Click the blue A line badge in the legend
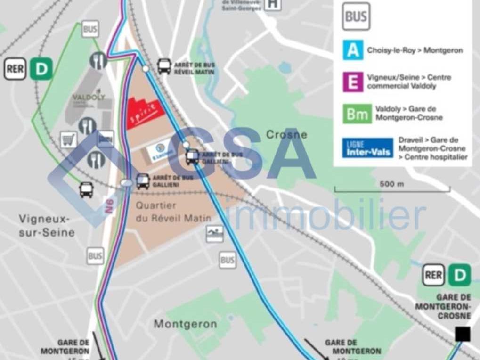coord(353,49)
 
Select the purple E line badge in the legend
coord(353,82)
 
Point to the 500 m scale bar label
coord(391,184)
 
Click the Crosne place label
coord(286,135)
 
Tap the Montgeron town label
coord(185,324)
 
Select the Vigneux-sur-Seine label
coord(47,225)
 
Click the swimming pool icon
coord(214,234)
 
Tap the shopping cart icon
coord(69,140)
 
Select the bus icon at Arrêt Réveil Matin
coord(164,66)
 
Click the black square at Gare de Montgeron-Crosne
coord(463,334)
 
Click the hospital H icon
coord(272,4)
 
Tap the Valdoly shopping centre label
coord(88,98)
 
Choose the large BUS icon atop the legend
coord(356,16)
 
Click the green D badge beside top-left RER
coord(41,69)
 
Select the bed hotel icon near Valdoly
coord(106,139)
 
